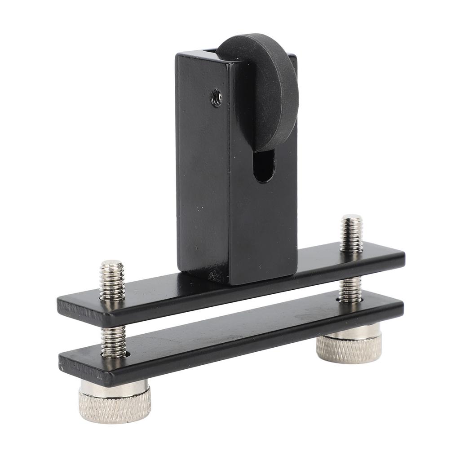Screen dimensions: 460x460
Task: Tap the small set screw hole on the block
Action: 217,97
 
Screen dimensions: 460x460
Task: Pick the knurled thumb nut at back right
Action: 349,348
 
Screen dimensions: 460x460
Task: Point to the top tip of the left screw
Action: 111,263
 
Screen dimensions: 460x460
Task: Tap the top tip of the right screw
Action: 351,218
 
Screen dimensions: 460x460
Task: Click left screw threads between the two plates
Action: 113,341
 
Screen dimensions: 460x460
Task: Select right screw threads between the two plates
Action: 350,290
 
